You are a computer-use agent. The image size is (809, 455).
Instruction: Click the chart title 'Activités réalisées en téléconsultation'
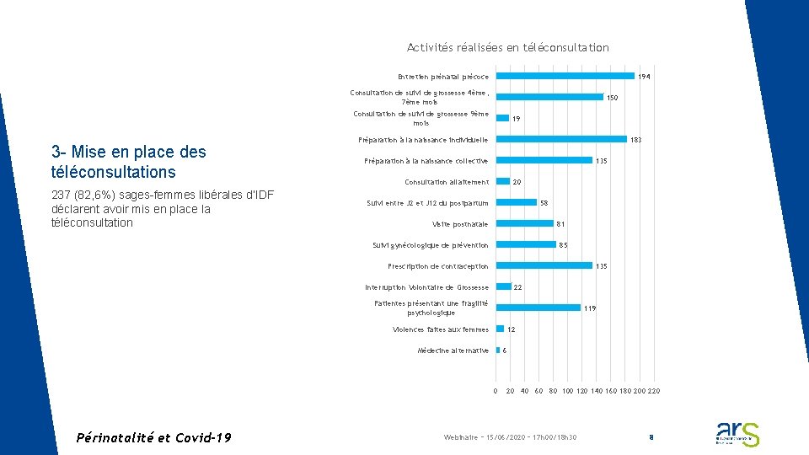507,48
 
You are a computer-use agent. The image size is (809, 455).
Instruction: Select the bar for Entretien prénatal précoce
565,76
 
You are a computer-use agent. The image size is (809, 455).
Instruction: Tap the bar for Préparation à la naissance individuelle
561,139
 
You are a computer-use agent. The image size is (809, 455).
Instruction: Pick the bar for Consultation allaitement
503,181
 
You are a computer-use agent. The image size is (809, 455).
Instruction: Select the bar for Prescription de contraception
544,265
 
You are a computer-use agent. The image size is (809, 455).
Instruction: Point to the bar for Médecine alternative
498,350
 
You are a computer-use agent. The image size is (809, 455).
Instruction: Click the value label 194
644,77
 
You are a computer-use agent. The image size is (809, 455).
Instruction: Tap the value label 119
590,308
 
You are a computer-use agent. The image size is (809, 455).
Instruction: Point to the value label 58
544,203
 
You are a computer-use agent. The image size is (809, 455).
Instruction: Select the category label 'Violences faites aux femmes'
441,329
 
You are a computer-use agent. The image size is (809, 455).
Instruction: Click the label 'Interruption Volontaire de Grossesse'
426,287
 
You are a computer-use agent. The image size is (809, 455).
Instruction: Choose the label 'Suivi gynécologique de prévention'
430,245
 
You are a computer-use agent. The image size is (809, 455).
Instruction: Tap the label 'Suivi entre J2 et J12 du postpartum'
427,202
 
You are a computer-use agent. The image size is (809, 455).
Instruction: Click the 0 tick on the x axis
496,391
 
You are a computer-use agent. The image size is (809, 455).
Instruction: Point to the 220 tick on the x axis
654,391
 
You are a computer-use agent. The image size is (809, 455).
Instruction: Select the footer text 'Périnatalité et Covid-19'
153,437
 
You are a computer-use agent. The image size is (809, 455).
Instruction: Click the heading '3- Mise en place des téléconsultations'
128,162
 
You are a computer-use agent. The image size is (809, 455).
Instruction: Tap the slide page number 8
651,437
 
